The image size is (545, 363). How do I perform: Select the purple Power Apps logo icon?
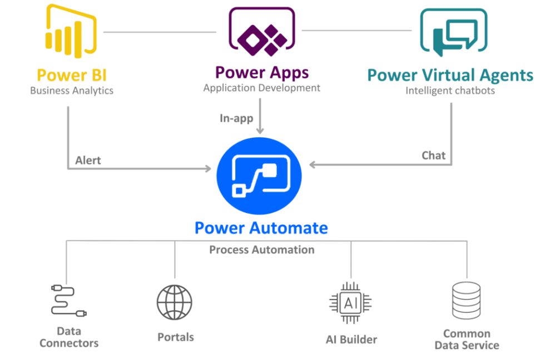(261, 32)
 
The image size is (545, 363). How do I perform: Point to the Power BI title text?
(72, 75)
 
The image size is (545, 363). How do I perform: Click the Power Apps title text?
(261, 72)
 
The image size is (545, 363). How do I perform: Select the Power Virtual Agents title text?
(450, 75)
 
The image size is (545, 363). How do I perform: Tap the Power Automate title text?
(261, 228)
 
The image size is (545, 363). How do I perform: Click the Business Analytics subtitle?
(72, 91)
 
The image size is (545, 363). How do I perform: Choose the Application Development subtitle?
(261, 88)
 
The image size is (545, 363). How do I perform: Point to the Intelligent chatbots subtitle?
(450, 91)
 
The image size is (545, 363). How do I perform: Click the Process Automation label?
(261, 250)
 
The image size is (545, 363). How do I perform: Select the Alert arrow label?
(88, 160)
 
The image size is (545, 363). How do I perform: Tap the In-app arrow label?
(236, 118)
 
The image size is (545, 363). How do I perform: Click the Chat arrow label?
(433, 155)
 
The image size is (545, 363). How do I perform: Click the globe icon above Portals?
(175, 302)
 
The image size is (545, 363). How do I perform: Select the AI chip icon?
(350, 303)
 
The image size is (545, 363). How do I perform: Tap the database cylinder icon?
(466, 301)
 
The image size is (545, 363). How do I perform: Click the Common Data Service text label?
(466, 340)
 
